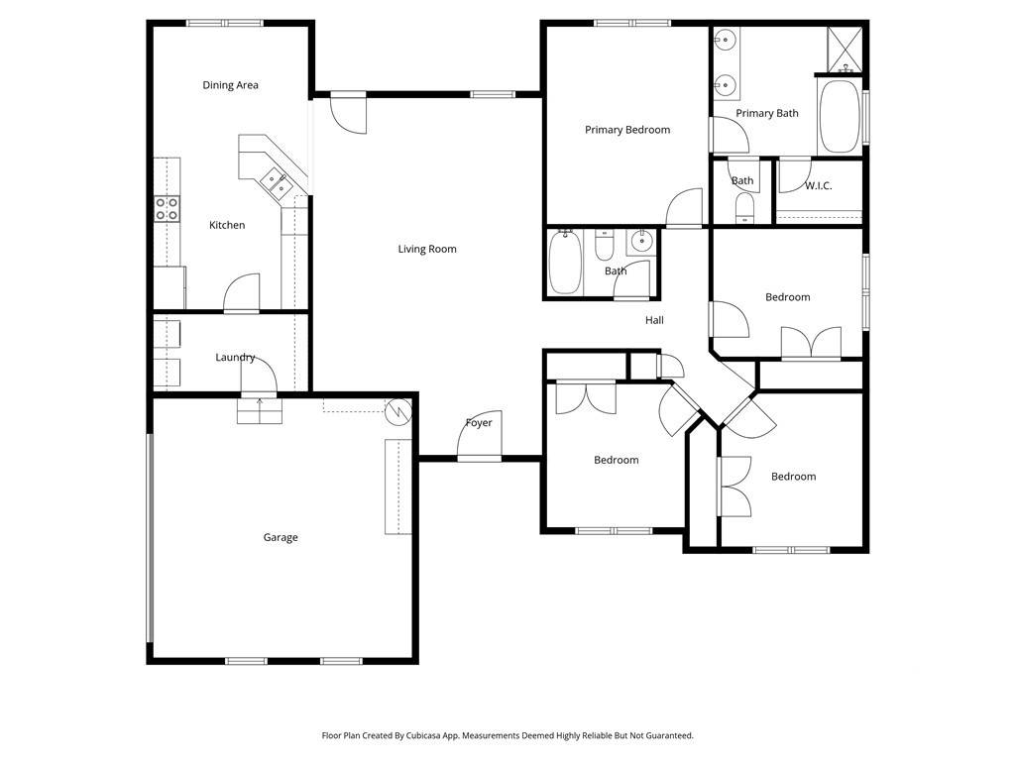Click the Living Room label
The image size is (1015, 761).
tap(427, 249)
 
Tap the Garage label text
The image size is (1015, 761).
tap(281, 538)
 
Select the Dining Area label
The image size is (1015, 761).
tap(230, 85)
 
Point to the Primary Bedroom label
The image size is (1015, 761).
tap(627, 130)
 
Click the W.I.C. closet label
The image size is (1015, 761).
tap(818, 186)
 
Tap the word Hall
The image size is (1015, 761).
tap(654, 320)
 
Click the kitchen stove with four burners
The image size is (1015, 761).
tap(167, 209)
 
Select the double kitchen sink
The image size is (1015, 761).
tap(278, 181)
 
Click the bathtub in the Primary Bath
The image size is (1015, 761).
tap(840, 117)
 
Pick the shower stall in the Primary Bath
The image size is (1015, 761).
tap(845, 50)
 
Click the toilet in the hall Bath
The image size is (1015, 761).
tap(604, 245)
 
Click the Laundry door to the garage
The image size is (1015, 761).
tap(260, 376)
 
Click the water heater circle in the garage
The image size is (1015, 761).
tap(398, 411)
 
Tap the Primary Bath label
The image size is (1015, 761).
tap(767, 113)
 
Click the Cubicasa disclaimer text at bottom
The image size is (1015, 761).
tap(507, 736)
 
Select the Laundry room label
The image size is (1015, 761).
tap(235, 358)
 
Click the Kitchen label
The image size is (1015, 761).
tap(227, 225)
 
